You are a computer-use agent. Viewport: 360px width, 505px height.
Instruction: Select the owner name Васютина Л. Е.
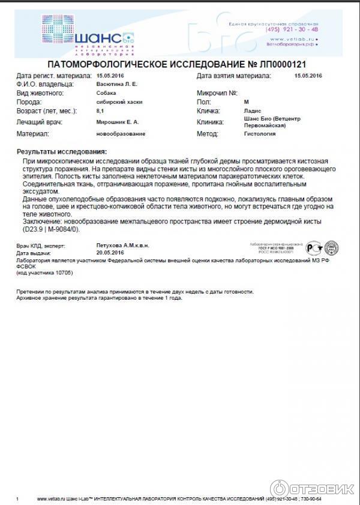[117, 85]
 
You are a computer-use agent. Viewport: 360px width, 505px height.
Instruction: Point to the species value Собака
[106, 94]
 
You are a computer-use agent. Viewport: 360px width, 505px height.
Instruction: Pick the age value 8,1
[100, 112]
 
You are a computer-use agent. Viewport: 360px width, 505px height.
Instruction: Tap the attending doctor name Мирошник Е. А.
[118, 122]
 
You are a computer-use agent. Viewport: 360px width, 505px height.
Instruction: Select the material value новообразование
[121, 134]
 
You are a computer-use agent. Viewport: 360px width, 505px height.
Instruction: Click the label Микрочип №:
[217, 94]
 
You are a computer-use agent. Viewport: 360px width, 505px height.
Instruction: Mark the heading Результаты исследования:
[62, 152]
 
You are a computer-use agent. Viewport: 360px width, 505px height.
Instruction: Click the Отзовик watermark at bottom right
[312, 488]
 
